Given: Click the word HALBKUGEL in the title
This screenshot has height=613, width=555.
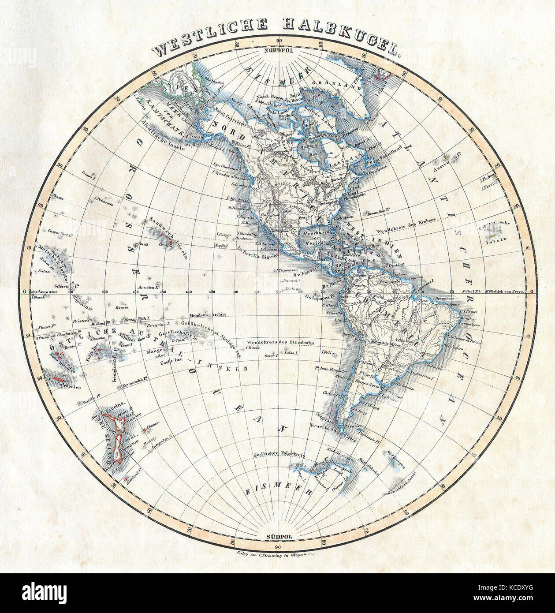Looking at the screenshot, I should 340,39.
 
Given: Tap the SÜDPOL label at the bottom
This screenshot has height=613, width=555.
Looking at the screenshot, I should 278,536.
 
